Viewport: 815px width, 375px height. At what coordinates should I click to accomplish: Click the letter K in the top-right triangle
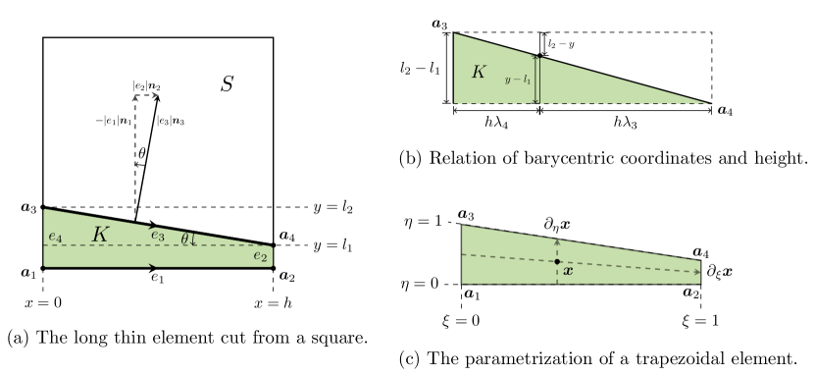[x=478, y=72]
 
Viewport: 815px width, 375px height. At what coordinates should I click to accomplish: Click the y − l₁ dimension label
[x=517, y=80]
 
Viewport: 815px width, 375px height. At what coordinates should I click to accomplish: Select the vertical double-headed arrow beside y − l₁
[x=536, y=80]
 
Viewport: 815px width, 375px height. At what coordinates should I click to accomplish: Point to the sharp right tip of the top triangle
[x=706, y=102]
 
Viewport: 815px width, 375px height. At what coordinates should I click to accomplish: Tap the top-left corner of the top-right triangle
[x=454, y=34]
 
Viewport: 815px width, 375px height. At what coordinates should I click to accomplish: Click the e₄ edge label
[x=55, y=237]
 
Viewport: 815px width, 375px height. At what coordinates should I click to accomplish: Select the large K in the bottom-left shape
[x=100, y=235]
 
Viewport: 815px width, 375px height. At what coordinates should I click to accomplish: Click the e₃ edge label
[x=158, y=236]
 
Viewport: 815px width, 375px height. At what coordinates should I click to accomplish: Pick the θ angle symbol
[x=184, y=238]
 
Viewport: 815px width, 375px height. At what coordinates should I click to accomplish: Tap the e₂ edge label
[x=260, y=256]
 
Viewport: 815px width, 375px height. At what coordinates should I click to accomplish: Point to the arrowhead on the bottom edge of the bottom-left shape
[x=152, y=265]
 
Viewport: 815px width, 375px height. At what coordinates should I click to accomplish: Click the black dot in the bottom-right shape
[x=557, y=261]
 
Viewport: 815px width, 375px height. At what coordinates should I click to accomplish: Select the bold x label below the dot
[x=568, y=271]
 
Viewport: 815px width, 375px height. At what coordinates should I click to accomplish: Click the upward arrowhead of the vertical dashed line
[x=557, y=240]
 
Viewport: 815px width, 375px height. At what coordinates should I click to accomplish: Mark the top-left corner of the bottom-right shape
[x=462, y=226]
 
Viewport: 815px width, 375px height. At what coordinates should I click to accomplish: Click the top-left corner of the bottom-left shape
[x=44, y=209]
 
